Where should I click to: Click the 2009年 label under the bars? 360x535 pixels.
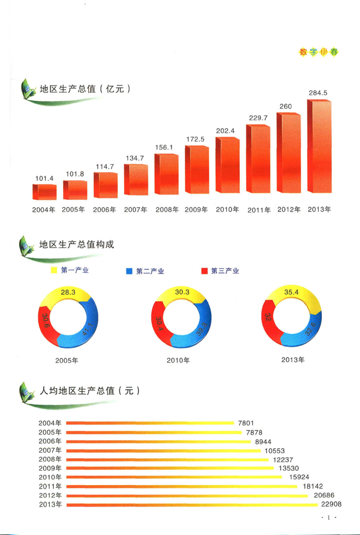point(197,209)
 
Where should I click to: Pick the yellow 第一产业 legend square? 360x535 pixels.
point(54,270)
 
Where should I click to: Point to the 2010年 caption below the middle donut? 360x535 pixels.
point(178,360)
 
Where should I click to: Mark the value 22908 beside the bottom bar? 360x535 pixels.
point(331,504)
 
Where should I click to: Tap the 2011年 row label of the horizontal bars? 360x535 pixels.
point(50,486)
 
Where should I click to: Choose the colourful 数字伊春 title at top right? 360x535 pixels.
point(319,52)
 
